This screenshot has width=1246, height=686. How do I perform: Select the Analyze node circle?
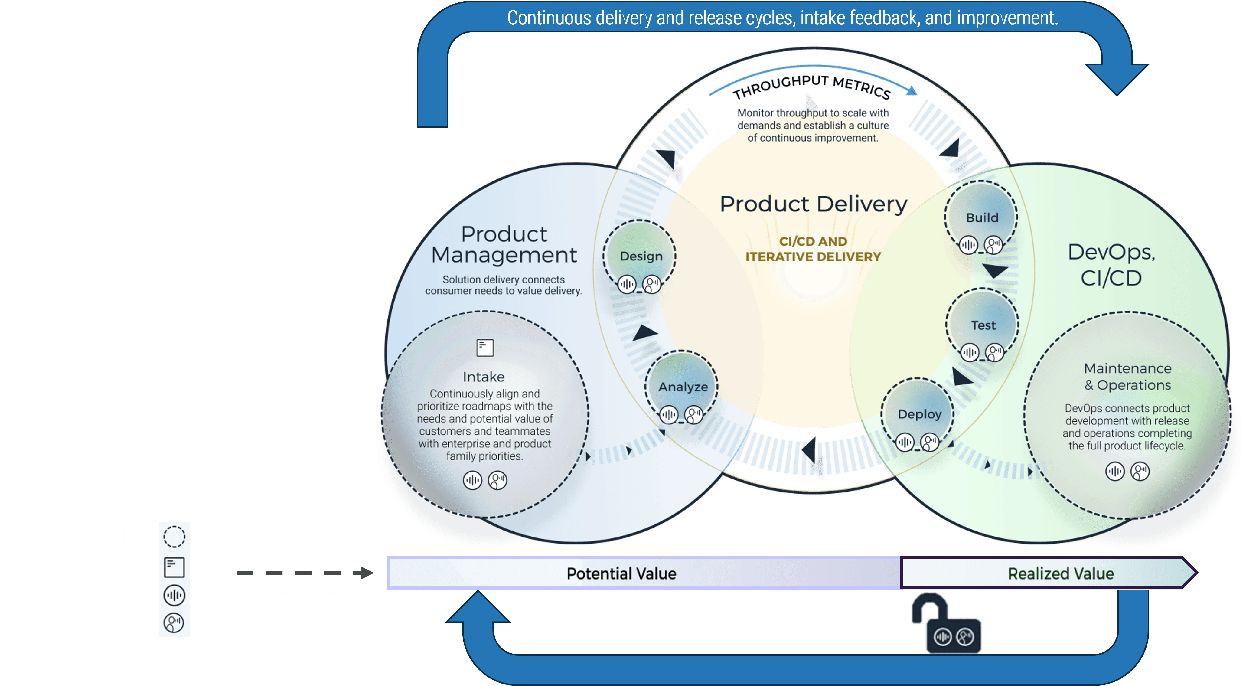[682, 386]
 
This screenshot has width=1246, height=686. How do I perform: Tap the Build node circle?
[981, 217]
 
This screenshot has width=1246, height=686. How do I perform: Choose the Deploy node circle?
[918, 414]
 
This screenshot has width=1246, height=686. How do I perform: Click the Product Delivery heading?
[813, 204]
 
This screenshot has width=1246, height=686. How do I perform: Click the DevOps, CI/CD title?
[1111, 265]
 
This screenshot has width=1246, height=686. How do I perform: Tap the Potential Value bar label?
[621, 573]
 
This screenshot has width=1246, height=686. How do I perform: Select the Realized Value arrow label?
[1060, 573]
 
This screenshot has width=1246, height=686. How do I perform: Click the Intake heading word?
[483, 376]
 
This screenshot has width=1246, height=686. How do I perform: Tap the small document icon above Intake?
[485, 347]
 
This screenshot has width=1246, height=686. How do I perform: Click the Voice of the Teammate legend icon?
[174, 622]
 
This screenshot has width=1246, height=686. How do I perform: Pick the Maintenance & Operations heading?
[1127, 376]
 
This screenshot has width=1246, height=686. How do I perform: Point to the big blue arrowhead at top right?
[1116, 77]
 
